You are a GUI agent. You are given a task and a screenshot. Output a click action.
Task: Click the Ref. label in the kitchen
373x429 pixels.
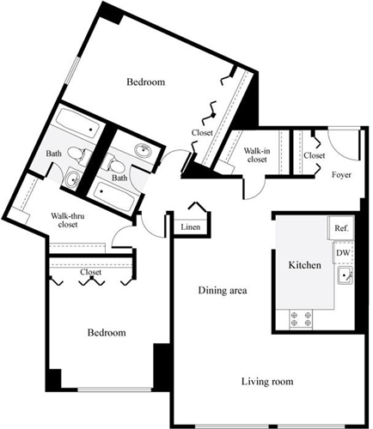tap(341, 228)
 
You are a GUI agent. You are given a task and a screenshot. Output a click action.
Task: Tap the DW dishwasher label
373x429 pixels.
tap(341, 253)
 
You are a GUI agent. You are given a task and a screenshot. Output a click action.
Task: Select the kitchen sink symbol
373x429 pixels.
tap(344, 275)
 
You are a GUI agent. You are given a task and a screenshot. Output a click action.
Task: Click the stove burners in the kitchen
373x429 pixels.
tap(303, 319)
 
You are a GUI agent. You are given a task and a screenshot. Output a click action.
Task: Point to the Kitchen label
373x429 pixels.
tap(305, 266)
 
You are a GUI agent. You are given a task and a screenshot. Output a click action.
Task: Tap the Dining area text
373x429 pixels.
tap(223, 292)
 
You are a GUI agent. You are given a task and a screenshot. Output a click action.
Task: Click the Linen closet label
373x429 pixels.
tap(192, 227)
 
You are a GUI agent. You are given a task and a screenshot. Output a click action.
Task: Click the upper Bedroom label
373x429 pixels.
tap(146, 82)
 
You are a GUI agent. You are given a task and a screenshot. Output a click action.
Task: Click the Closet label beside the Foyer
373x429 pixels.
tap(315, 155)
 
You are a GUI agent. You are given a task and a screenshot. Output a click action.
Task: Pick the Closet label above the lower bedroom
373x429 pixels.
tap(90, 272)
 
